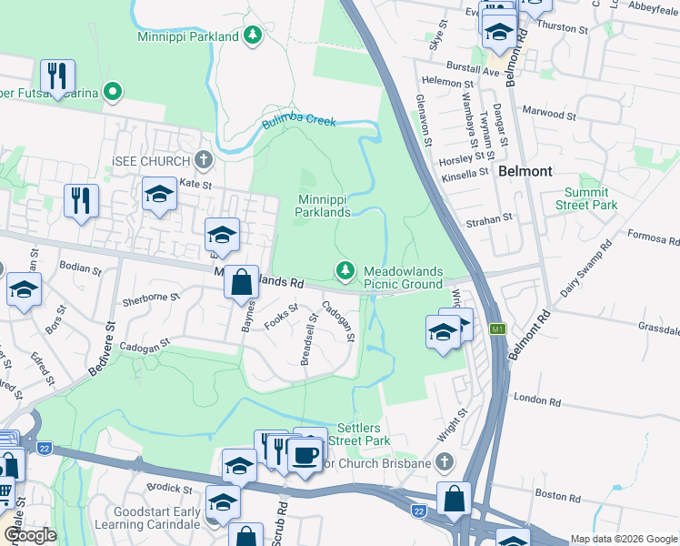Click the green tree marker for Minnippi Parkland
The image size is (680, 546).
click(253, 36)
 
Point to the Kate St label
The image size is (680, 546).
click(195, 184)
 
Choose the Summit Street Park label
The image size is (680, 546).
click(590, 198)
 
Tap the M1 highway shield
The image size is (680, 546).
click(497, 329)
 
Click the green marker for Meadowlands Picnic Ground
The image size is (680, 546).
click(345, 270)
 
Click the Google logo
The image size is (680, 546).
click(29, 535)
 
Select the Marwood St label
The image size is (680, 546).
click(549, 116)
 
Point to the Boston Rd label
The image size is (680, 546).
click(552, 494)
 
